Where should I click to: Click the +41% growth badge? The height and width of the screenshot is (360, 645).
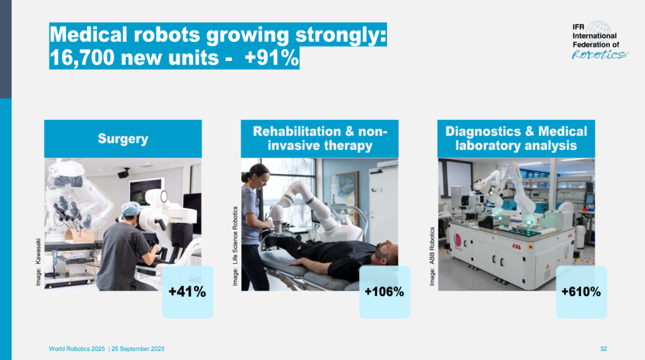(x=188, y=292)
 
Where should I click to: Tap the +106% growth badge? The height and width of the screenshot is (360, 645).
(x=385, y=292)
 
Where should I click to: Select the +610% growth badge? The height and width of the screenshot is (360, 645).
(x=581, y=292)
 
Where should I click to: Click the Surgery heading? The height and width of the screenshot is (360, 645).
(x=123, y=139)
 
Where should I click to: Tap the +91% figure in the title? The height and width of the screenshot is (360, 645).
(x=271, y=57)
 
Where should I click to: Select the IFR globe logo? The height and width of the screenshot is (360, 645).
(x=598, y=32)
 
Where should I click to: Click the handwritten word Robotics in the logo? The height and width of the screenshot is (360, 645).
(x=600, y=55)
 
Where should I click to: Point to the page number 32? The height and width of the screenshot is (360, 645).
(x=603, y=349)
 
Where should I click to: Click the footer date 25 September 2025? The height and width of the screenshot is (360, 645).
(x=138, y=349)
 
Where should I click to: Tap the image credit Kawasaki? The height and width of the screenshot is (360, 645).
(x=38, y=251)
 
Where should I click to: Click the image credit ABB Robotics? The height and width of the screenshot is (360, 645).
(x=432, y=245)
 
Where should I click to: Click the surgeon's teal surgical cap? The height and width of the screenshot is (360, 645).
(x=131, y=208)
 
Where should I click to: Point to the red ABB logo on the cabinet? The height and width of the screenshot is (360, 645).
(x=516, y=247)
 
